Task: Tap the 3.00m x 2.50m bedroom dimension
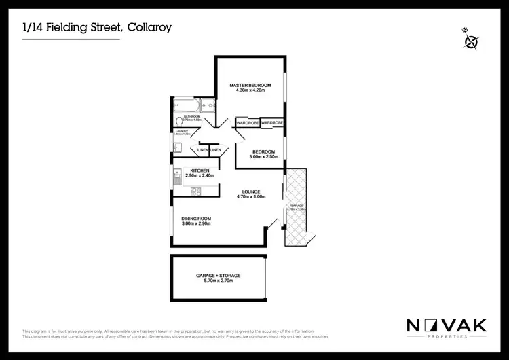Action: click(263, 157)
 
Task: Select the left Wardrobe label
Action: click(248, 122)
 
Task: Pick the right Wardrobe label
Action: click(272, 122)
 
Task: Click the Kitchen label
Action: click(200, 170)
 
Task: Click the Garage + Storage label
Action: click(219, 275)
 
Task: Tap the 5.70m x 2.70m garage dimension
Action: click(219, 281)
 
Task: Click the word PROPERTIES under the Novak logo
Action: click(447, 336)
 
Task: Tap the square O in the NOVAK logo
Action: click(431, 325)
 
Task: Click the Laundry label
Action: click(180, 131)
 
